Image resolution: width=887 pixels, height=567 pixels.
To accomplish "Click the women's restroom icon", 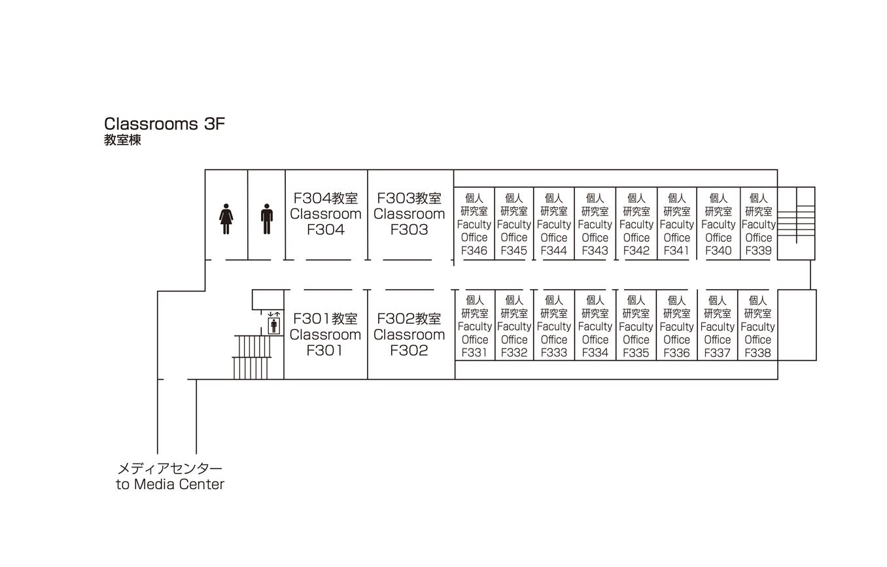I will tap(226, 218).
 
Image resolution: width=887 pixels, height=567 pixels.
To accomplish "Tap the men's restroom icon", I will tap(267, 218).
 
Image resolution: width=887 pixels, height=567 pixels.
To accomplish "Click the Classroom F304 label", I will tap(326, 214).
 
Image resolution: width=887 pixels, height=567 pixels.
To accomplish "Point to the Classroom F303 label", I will tap(409, 214).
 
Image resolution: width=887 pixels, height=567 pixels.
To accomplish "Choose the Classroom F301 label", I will tap(326, 334).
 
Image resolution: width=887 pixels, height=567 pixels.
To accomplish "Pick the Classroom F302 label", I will tap(409, 334).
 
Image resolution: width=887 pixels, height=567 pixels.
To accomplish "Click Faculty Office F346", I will tap(474, 224).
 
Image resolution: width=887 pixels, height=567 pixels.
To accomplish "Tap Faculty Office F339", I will tap(759, 224).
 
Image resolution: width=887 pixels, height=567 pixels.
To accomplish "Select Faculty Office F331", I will tap(475, 326).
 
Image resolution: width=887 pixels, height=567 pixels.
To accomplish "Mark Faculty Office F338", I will tap(757, 326).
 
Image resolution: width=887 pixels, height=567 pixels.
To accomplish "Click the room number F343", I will tap(595, 250).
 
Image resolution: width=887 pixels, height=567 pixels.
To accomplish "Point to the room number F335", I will tap(636, 352).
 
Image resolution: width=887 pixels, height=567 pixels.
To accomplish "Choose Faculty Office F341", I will tap(676, 224).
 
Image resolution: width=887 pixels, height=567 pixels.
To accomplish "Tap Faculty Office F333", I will tap(554, 326).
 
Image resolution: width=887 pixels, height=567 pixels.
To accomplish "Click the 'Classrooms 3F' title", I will tap(164, 124).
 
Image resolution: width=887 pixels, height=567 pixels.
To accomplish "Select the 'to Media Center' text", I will tap(170, 485).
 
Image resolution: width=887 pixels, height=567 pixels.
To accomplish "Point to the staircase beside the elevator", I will tap(252, 357).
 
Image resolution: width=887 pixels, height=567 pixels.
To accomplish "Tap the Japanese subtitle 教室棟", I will tap(122, 140).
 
